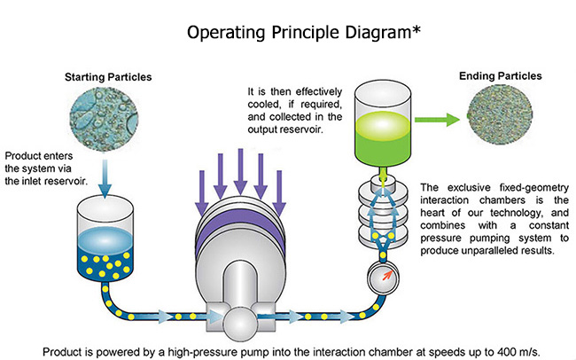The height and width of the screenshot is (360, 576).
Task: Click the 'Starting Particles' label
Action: tap(108, 77)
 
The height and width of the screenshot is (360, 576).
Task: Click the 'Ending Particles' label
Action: tap(501, 75)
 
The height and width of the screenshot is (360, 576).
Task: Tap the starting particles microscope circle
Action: tap(104, 118)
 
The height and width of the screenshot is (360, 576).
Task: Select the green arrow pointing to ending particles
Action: tap(437, 120)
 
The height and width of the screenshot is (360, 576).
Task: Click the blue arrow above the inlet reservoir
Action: tap(105, 179)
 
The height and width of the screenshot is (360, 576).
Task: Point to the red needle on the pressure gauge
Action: tap(387, 275)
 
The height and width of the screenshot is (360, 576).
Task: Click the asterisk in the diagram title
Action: tap(416, 29)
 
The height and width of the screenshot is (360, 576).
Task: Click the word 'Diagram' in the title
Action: tap(378, 33)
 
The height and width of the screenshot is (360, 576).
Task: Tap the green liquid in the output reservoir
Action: tap(383, 138)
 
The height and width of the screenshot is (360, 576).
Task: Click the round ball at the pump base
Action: tap(240, 325)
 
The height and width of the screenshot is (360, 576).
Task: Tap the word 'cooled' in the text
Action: tap(262, 105)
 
